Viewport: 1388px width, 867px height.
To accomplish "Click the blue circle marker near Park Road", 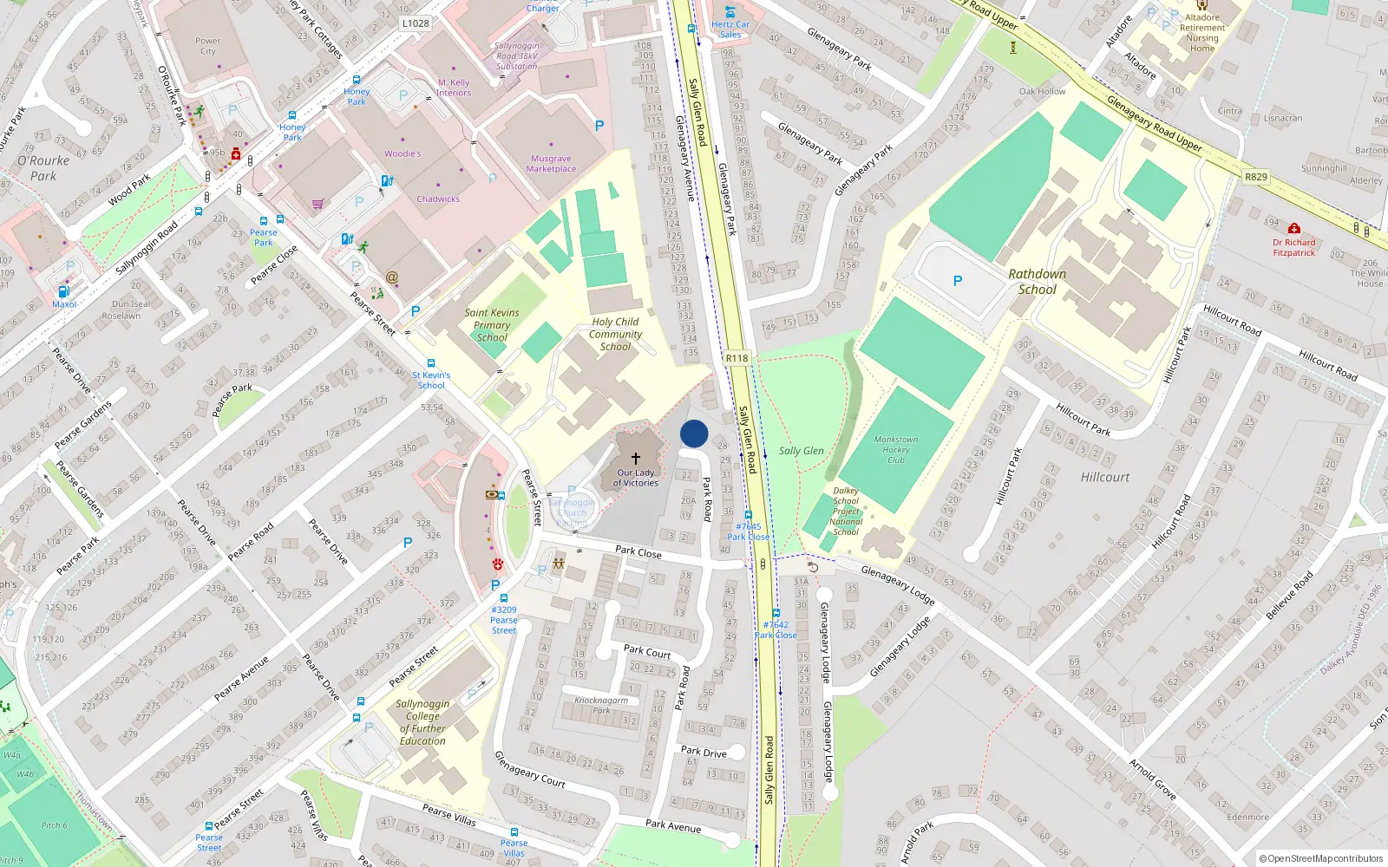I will [694, 433].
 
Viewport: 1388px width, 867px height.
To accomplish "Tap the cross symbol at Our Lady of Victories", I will [636, 458].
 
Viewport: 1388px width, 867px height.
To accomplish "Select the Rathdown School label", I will [1037, 282].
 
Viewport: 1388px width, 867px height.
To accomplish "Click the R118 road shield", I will [737, 358].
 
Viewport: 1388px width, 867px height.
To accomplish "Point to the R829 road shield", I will [1255, 177].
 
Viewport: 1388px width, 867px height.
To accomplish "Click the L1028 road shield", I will [416, 23].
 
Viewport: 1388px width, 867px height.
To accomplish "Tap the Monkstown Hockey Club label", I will [895, 449].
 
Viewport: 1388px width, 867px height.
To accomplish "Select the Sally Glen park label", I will [801, 451].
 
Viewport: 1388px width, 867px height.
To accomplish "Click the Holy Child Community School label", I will [615, 334].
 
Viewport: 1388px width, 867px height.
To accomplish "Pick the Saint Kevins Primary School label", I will [492, 325].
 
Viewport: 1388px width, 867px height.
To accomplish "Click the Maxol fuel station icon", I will [63, 292].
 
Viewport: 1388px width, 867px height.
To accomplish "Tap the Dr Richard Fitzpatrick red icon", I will [1293, 229].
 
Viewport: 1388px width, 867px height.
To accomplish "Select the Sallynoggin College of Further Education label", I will [422, 722].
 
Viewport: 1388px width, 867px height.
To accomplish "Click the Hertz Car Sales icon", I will [730, 12].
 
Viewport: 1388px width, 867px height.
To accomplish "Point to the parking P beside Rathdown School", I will [957, 281].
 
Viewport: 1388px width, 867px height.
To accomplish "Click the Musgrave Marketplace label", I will [551, 164].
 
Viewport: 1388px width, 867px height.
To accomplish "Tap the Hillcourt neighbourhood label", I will [1104, 477].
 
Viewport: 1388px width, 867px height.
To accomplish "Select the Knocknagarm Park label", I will [601, 705].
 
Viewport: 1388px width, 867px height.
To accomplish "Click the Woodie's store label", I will [403, 153].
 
